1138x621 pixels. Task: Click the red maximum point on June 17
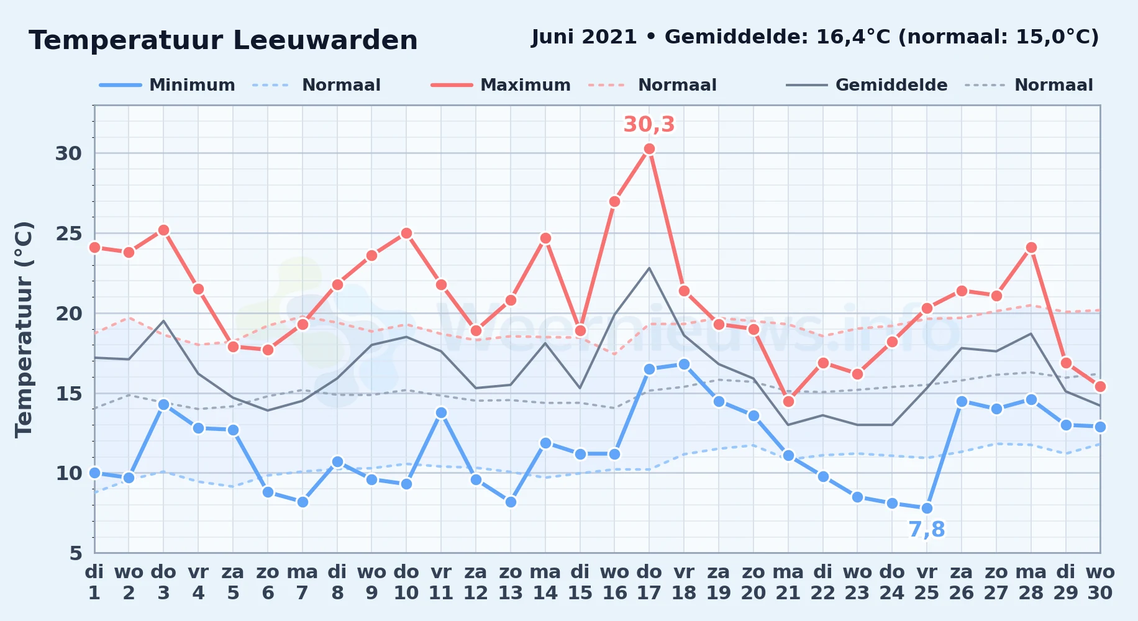[x=649, y=149]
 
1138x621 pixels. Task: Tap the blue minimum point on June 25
[x=927, y=509]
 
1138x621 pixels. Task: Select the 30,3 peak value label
[x=649, y=125]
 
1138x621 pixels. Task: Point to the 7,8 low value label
[x=927, y=530]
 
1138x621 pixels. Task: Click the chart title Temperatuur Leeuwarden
[x=223, y=40]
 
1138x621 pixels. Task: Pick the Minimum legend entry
[x=167, y=85]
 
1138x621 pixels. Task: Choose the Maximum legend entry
[x=501, y=85]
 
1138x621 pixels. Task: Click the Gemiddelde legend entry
[x=867, y=85]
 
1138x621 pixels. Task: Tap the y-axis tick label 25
[x=68, y=233]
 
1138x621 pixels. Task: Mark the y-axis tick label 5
[x=76, y=553]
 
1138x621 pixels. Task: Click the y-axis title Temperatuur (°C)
[x=24, y=329]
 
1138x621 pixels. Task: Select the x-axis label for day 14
[x=545, y=582]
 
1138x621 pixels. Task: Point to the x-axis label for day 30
[x=1100, y=582]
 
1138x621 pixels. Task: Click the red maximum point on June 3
[x=163, y=230]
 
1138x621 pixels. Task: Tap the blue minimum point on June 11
[x=441, y=412]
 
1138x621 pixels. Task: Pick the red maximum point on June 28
[x=1031, y=248]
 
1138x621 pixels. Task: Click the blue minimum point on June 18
[x=684, y=365]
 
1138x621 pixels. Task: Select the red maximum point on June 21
[x=788, y=401]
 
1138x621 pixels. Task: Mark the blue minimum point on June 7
[x=303, y=502]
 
